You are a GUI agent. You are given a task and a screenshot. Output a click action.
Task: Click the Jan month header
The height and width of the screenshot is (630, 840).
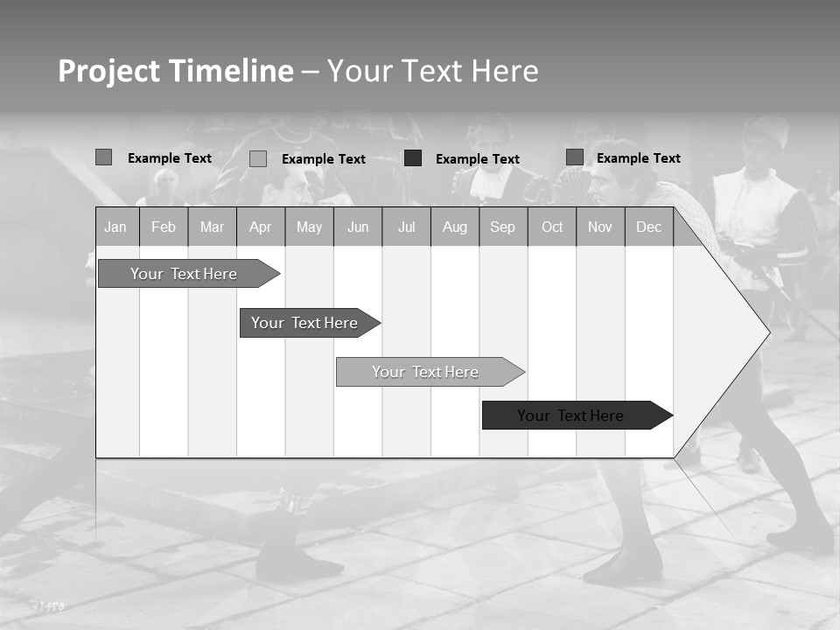pos(115,227)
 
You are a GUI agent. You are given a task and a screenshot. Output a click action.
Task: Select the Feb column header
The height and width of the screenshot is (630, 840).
pos(164,227)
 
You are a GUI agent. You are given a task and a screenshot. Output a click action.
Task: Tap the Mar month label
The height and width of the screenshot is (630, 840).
pos(212,227)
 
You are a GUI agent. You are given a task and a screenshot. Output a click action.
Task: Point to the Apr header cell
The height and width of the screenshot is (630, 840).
pos(260,227)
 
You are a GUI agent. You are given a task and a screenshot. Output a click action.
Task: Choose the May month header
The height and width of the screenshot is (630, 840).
pos(309,227)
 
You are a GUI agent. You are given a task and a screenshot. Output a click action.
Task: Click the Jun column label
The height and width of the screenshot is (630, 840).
pos(358,227)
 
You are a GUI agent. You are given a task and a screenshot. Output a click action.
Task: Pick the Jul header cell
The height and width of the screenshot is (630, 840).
pos(406,227)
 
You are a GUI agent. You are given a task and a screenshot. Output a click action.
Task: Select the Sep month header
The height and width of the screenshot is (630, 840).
pos(502,227)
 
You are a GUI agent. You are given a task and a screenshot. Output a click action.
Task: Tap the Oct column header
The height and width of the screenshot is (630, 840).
pos(552,227)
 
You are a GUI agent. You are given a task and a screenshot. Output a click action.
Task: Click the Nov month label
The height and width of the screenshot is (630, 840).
pos(600,227)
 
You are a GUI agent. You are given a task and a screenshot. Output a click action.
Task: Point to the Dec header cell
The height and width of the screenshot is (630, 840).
pos(648,227)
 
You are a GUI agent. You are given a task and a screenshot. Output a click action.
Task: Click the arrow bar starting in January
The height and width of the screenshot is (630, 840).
pos(184,274)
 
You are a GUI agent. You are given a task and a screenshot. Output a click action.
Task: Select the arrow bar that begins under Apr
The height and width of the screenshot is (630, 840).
pos(304,323)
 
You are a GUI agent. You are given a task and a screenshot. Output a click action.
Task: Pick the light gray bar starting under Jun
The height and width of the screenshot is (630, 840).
pos(425,372)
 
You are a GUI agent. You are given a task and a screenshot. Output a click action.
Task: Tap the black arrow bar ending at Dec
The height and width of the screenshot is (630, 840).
pos(570,416)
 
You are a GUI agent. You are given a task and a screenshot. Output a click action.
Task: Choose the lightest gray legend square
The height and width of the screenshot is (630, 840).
pos(258,158)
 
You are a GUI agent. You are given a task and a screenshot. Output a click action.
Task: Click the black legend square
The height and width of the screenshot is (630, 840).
pos(413,158)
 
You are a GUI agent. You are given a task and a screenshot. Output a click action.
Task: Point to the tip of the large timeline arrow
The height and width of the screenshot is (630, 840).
pos(767,332)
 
